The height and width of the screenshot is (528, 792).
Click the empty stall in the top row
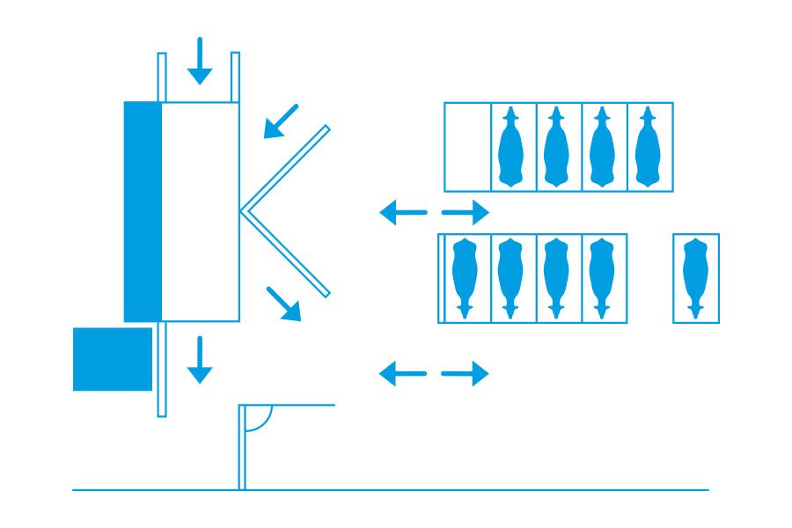pos(467,147)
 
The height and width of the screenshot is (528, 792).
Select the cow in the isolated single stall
pos(695,277)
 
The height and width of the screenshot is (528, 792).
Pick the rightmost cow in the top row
pos(648,147)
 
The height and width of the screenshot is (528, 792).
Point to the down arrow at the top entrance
pos(200,61)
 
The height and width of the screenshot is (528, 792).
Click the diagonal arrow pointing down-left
pos(281,121)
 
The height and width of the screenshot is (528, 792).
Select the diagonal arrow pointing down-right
pos(283,304)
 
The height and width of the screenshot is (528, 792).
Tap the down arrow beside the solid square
pos(200,359)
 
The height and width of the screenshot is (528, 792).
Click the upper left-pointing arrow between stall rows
pos(403,212)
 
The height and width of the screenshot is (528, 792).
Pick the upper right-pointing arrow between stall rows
pos(465,212)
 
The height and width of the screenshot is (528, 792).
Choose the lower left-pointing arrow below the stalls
pos(403,373)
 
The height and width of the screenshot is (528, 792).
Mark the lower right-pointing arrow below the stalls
pos(465,373)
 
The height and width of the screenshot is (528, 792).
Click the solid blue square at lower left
pos(113,359)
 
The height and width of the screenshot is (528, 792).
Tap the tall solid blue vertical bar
pos(143,211)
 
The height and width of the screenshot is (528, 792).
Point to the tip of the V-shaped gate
pos(242,211)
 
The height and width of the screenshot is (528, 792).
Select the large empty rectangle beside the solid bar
pos(201,211)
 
